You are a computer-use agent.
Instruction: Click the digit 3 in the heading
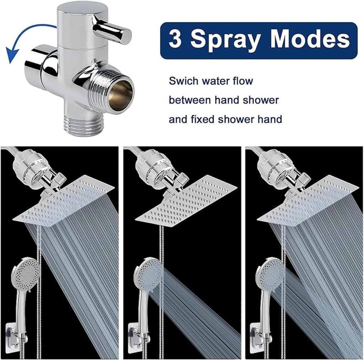pyautogui.click(x=175, y=40)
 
